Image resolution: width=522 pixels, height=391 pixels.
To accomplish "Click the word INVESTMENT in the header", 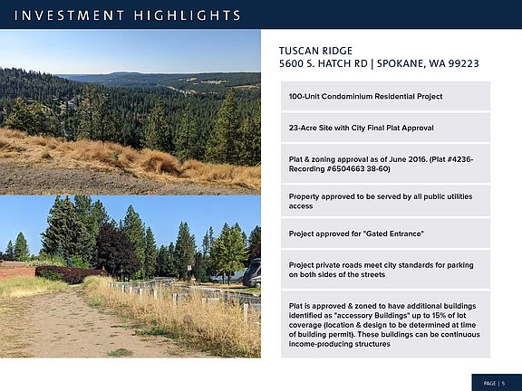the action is tap(69, 15).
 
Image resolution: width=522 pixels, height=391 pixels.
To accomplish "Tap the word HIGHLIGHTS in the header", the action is tap(188, 15).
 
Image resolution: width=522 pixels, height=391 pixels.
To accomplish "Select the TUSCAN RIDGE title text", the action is tap(315, 51).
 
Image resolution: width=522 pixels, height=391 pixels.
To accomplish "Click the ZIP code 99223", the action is tap(463, 63).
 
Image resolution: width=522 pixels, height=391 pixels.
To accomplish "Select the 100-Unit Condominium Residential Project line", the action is tap(365, 97).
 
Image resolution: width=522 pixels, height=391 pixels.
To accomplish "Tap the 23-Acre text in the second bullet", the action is tap(299, 128).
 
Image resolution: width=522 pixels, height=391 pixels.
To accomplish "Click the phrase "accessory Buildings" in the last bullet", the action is tap(372, 315).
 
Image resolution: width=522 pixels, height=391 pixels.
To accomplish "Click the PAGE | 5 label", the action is tap(494, 384).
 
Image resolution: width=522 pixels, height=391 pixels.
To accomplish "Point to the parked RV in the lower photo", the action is tap(252, 273).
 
